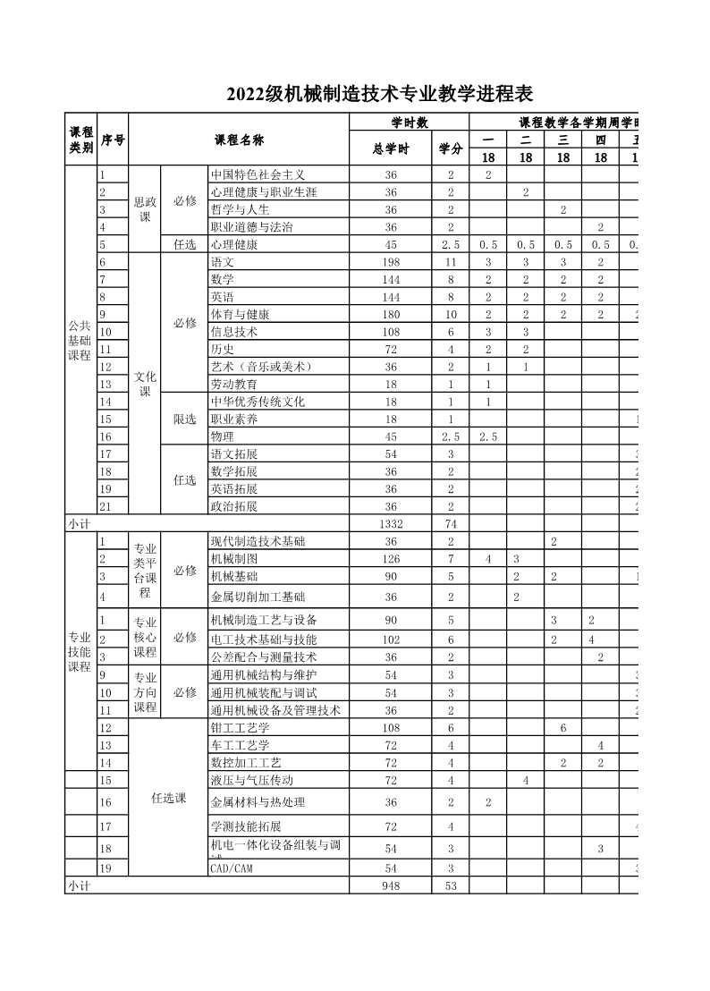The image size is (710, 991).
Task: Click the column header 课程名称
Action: (239, 140)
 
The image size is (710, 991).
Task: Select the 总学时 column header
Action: (390, 148)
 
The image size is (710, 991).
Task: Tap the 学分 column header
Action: (450, 148)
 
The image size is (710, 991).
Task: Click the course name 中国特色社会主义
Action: (258, 175)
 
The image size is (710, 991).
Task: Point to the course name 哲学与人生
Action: (240, 210)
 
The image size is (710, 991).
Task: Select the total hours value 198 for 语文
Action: (390, 262)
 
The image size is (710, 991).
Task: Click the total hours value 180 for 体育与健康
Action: (390, 315)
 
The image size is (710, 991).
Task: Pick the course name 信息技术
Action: (233, 332)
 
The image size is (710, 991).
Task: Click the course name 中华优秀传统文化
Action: (258, 402)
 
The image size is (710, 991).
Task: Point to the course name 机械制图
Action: (233, 559)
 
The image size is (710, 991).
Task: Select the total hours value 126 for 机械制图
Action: (390, 559)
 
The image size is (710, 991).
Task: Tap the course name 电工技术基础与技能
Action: (264, 639)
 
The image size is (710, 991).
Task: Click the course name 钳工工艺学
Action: (240, 728)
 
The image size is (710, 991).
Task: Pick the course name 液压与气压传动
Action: (251, 781)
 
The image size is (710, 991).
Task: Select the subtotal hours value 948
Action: (390, 885)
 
